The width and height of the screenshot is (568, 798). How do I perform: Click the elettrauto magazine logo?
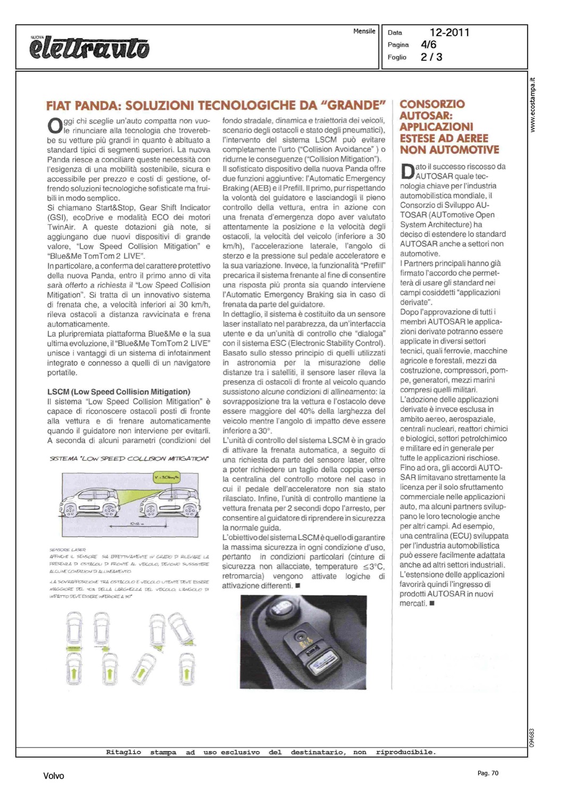[x=89, y=48]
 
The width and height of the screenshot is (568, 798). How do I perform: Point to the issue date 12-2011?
[x=450, y=32]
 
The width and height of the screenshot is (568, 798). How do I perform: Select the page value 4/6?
[x=428, y=45]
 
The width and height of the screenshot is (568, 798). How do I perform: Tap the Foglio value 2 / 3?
[x=431, y=57]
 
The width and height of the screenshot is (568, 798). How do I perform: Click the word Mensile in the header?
[x=364, y=31]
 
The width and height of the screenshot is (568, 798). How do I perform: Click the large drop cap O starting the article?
[x=55, y=126]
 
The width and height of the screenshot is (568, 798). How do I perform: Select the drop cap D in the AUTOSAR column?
[x=407, y=171]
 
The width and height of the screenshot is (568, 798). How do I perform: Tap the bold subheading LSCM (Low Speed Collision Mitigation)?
[x=118, y=392]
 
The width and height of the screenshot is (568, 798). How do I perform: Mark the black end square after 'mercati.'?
[x=432, y=603]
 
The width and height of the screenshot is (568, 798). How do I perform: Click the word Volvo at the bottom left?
[x=53, y=776]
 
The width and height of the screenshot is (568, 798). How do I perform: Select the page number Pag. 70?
[x=488, y=773]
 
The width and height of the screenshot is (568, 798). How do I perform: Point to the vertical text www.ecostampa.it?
[x=533, y=105]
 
